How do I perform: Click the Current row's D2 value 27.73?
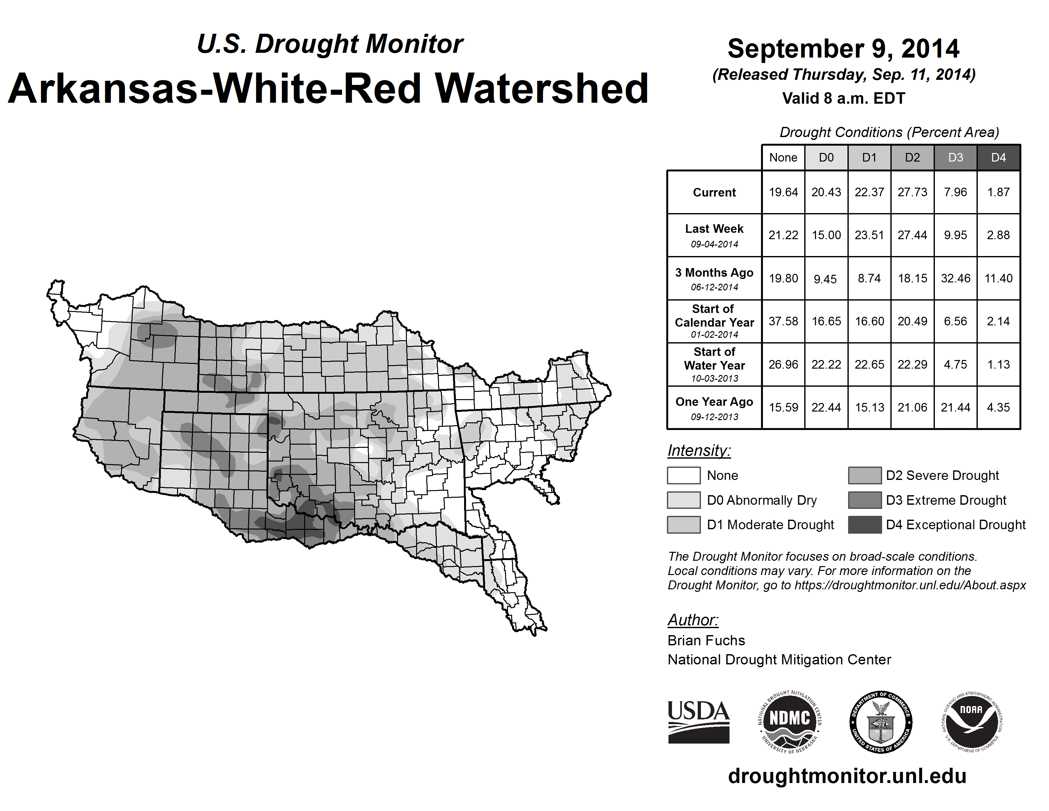(x=912, y=192)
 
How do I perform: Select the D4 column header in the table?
(x=998, y=157)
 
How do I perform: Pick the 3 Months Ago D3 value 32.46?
(x=955, y=278)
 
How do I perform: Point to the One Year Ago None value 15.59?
(x=783, y=407)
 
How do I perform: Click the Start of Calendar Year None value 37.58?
(x=783, y=321)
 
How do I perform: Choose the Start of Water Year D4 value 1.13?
(x=998, y=364)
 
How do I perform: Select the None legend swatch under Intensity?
(x=683, y=475)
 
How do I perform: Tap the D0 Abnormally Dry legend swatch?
(x=683, y=500)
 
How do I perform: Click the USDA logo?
(x=698, y=722)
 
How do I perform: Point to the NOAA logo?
(x=971, y=722)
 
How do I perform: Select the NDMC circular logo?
(x=790, y=722)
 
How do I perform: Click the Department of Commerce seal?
(x=881, y=722)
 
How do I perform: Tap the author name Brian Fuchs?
(x=706, y=641)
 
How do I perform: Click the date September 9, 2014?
(x=843, y=49)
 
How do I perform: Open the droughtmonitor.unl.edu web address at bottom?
(x=847, y=776)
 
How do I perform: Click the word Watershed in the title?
(x=542, y=89)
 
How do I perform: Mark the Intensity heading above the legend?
(x=699, y=451)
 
